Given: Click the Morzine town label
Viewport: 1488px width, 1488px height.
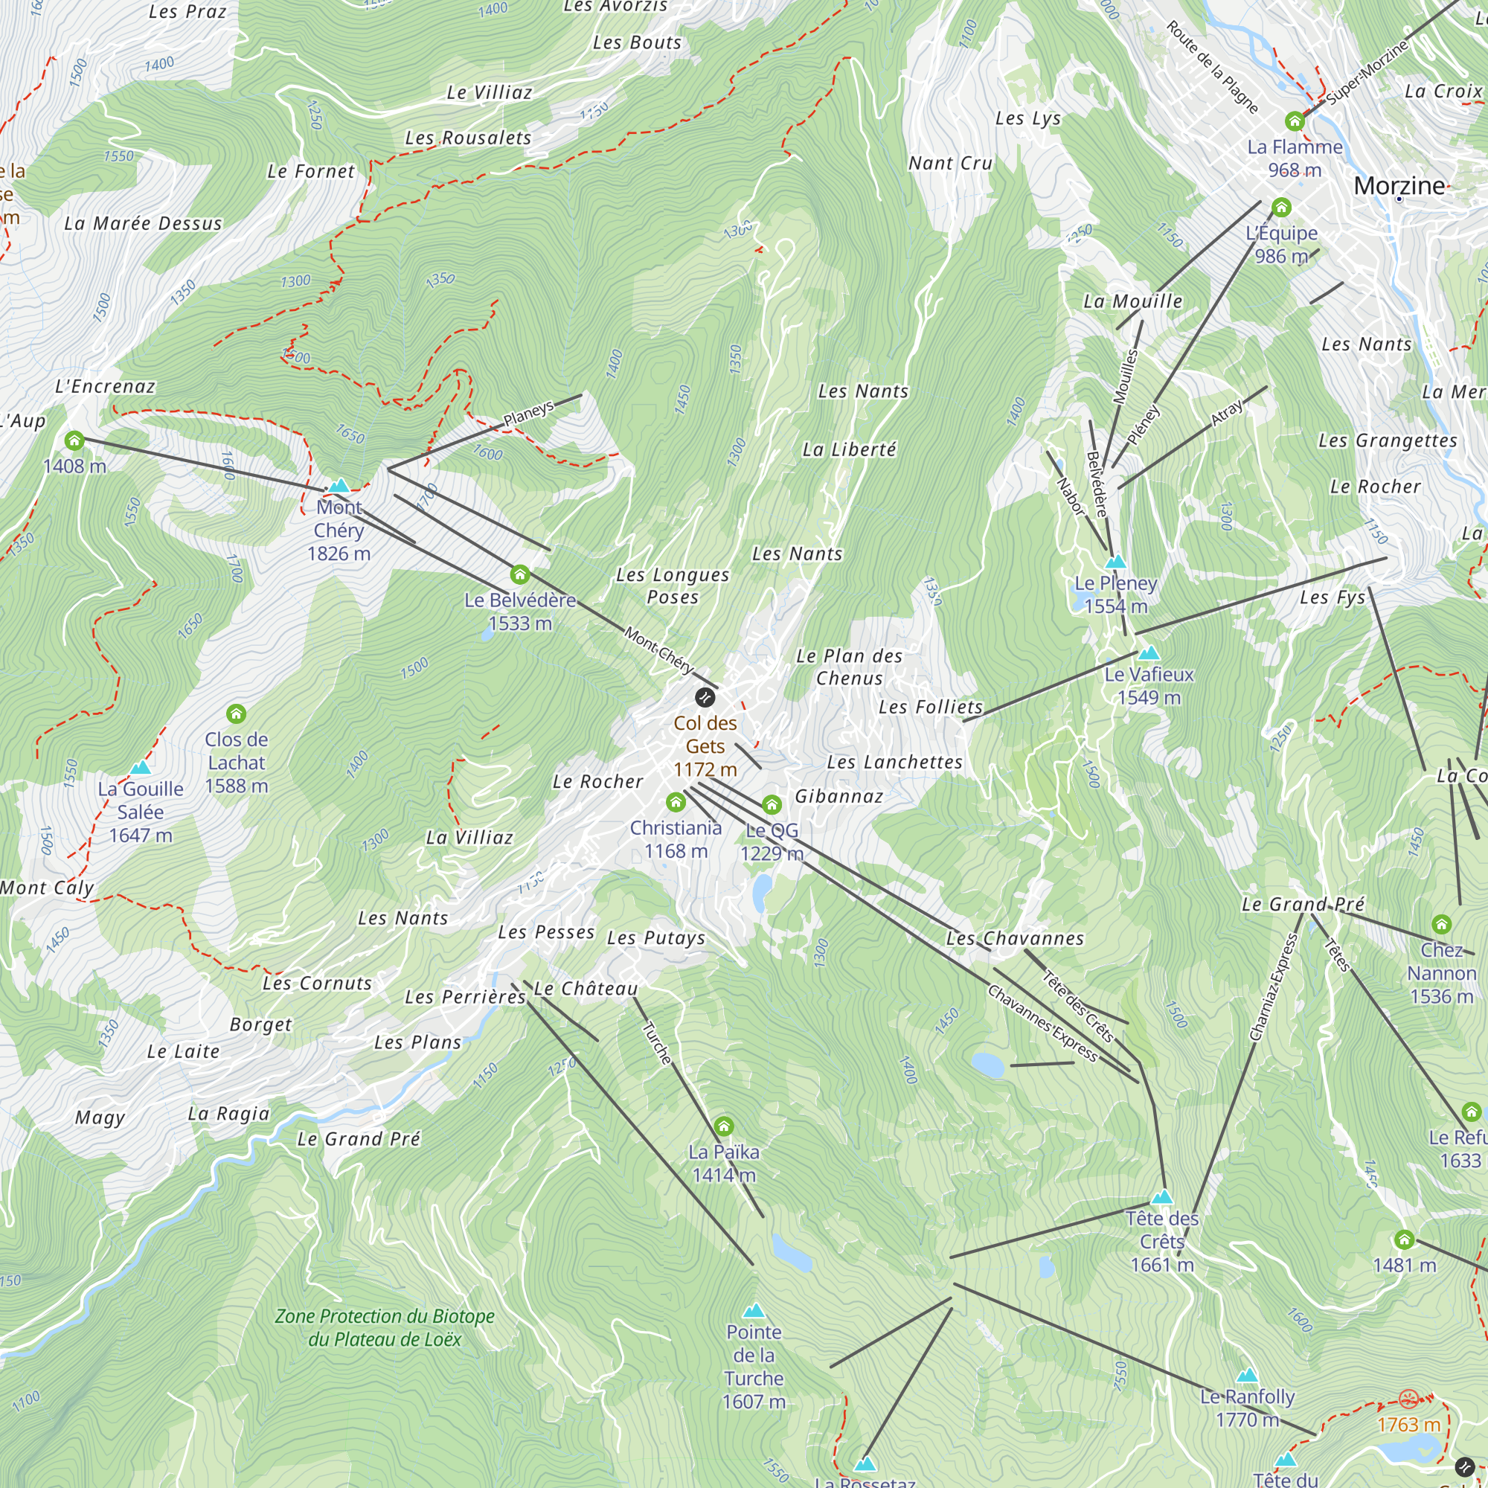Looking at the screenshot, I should (1399, 185).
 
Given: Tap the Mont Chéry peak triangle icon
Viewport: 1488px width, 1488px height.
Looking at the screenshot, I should (339, 486).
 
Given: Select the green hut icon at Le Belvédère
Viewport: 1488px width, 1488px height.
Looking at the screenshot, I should (520, 574).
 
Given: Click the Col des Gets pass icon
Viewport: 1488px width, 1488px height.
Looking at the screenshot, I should (705, 698).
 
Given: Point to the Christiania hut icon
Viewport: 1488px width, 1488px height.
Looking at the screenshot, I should (676, 803).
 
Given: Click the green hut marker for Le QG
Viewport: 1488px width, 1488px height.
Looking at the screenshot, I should (772, 805).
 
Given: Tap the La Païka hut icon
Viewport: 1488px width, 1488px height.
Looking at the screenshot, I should (723, 1126).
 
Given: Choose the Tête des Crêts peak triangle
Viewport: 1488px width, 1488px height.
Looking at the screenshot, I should (1161, 1197).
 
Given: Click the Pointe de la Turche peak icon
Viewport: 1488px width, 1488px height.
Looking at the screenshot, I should (753, 1310).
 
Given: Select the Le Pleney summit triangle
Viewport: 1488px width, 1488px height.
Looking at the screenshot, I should (1115, 562).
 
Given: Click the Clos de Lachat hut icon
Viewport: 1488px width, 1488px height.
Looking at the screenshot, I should (237, 714).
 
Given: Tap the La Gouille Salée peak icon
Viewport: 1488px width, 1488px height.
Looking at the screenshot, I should (140, 767).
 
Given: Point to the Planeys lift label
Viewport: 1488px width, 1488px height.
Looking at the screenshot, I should (528, 414).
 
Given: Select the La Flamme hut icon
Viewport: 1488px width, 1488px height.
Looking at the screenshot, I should (1295, 121).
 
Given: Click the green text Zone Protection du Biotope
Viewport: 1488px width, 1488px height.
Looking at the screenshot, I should (385, 1316).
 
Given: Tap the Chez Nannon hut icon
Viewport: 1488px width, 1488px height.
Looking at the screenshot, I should (1441, 923).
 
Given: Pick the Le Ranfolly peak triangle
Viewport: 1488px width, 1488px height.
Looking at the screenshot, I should (1247, 1375).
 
